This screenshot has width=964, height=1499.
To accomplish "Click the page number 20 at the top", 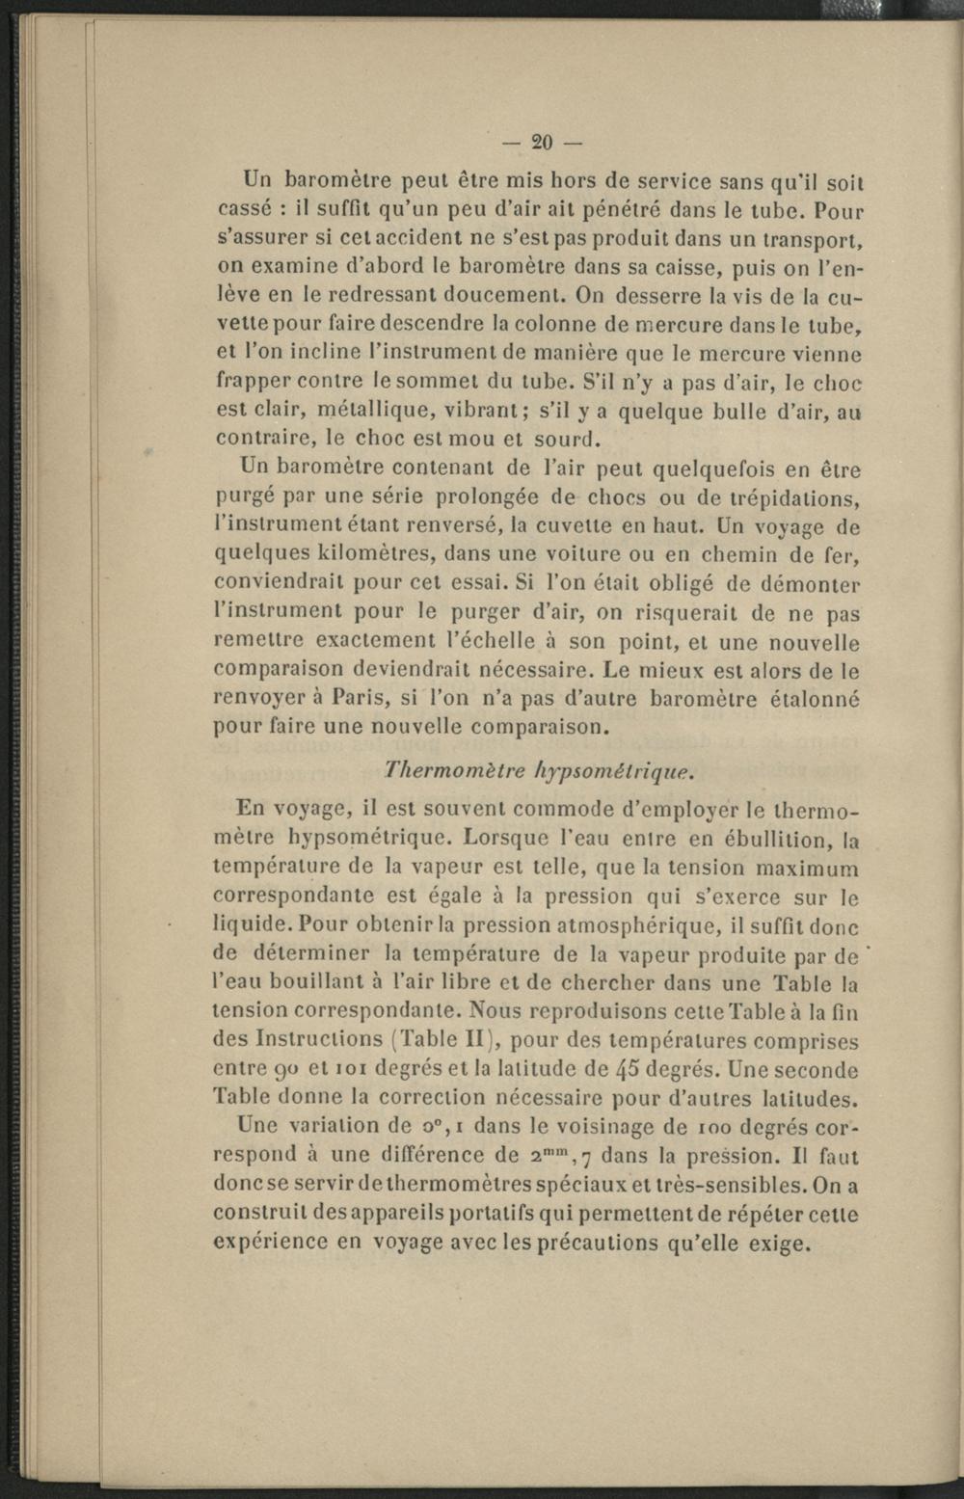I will pos(542,143).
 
